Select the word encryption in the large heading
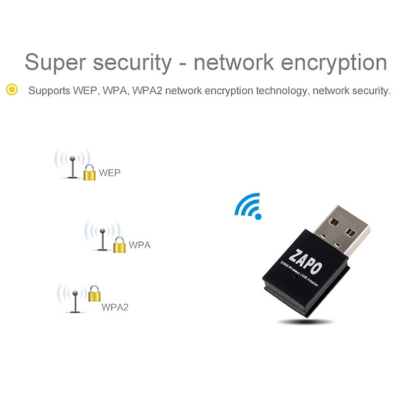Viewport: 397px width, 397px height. click(x=333, y=63)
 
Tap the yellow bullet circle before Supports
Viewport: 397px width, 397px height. click(x=11, y=90)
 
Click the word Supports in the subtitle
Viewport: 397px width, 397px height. click(x=49, y=91)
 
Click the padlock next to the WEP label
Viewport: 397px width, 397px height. click(x=89, y=172)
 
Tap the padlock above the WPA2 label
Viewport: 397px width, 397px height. click(x=94, y=295)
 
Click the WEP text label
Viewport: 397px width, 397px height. click(x=110, y=173)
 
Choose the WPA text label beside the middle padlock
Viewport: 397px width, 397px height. click(x=139, y=245)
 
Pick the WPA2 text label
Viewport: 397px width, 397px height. click(x=115, y=307)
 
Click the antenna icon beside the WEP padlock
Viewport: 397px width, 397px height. click(x=72, y=164)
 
